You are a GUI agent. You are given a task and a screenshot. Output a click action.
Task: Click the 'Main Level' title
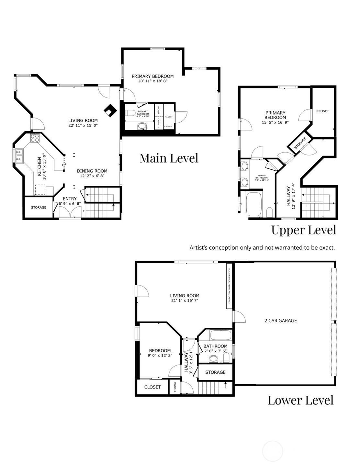169,158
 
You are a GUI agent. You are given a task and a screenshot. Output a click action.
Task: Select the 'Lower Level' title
300,400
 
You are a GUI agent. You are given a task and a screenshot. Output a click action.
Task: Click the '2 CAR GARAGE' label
280,321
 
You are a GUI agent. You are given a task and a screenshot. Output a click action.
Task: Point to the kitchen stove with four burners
35,139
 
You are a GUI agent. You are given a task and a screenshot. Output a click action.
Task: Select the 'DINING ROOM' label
92,171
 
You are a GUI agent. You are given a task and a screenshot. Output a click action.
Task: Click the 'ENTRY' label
70,199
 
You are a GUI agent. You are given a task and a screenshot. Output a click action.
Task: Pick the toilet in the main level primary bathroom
130,113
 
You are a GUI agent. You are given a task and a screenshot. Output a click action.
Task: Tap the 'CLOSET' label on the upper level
322,111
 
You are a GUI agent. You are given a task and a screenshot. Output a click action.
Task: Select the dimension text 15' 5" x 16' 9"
275,122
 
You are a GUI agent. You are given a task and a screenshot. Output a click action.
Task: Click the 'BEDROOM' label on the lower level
160,351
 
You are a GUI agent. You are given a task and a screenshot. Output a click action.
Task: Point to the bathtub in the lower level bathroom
220,335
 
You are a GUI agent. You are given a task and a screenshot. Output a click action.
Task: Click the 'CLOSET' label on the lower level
152,387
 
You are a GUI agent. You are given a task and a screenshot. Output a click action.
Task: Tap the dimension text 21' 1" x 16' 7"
185,301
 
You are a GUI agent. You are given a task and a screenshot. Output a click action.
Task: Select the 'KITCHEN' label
39,166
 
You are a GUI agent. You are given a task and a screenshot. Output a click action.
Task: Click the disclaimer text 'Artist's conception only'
262,248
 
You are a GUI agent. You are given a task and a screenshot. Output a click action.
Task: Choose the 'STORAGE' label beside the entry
39,207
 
